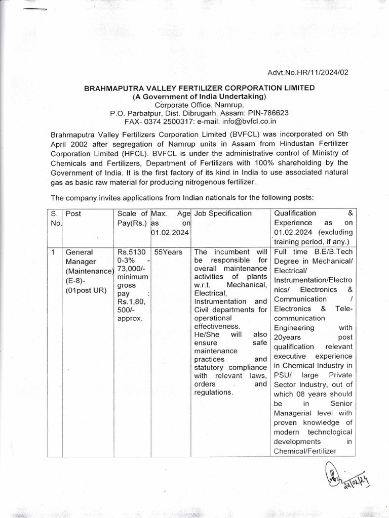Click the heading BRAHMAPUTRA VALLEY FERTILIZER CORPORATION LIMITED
(199, 88)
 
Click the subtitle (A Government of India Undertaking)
(199, 96)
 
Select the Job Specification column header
(223, 213)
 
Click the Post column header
(73, 213)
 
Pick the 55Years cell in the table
(169, 252)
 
